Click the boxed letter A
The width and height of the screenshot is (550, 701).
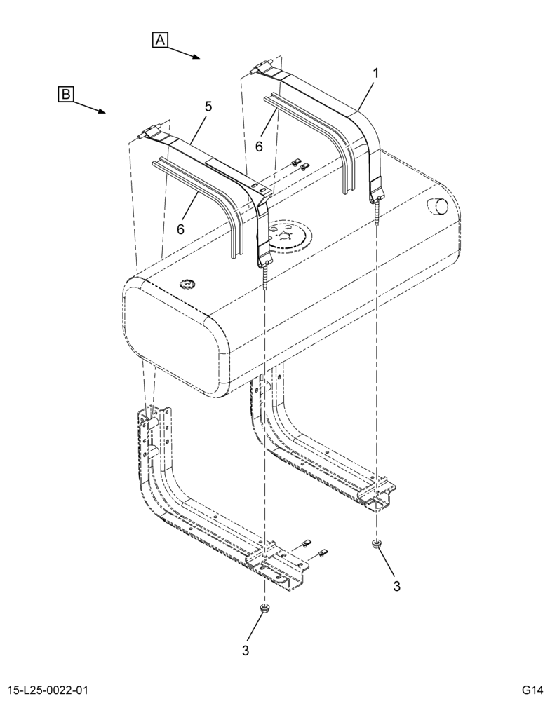(x=160, y=40)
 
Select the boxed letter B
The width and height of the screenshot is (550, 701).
(x=66, y=95)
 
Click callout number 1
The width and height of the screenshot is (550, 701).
(x=376, y=72)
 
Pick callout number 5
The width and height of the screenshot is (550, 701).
(x=208, y=107)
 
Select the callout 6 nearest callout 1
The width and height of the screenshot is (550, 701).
(x=259, y=147)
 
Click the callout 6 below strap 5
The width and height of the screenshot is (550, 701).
(x=180, y=229)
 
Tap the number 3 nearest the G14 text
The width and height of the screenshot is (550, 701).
(x=396, y=586)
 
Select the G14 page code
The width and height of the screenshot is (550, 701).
(x=532, y=689)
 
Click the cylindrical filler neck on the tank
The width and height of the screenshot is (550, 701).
(x=438, y=205)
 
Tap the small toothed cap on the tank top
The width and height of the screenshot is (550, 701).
(x=186, y=283)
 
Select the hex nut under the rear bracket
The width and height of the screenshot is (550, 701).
(x=376, y=544)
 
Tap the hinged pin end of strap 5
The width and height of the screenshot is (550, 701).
(x=149, y=132)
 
